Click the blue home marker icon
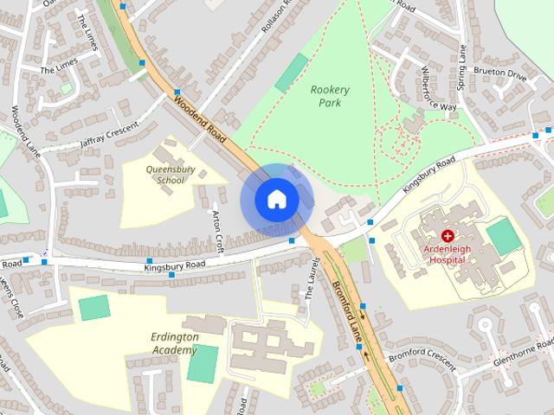point(276,200)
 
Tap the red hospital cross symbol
point(448,235)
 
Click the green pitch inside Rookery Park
point(291,73)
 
